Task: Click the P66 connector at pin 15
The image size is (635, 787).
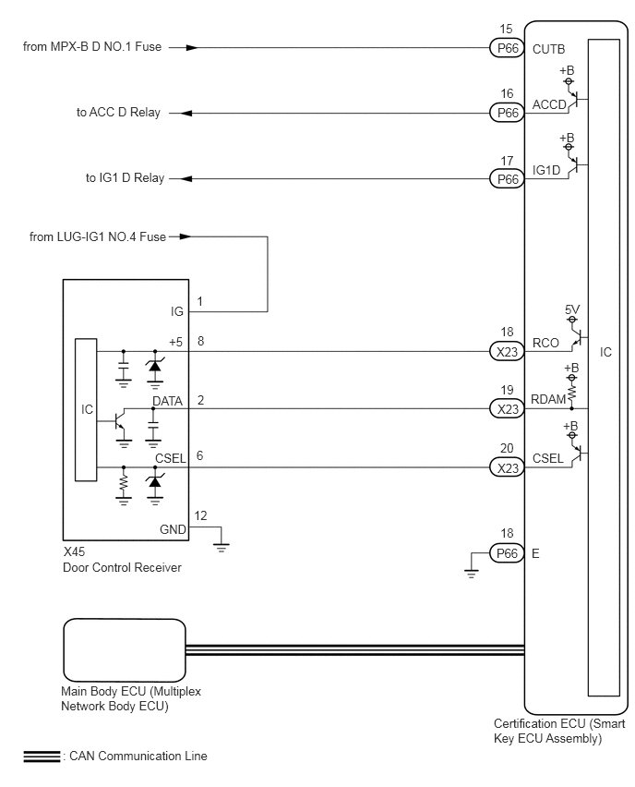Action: pos(507,48)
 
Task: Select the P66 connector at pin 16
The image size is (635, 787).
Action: pos(507,113)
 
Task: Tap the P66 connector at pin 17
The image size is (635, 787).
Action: pos(507,178)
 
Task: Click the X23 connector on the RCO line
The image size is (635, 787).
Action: pos(507,351)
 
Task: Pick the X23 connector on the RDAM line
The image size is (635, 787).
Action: pos(507,409)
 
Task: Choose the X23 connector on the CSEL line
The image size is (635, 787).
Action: pos(507,467)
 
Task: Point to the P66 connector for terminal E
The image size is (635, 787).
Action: pos(507,553)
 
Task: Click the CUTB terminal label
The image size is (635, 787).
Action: pos(549,49)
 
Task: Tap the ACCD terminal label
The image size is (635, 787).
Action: pos(549,104)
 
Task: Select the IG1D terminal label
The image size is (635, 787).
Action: pos(546,170)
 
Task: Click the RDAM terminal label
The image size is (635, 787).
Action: pos(548,399)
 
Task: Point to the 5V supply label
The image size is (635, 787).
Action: pos(572,309)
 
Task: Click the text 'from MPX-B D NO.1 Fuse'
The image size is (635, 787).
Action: pos(92,47)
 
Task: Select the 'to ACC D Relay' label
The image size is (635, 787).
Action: pos(118,113)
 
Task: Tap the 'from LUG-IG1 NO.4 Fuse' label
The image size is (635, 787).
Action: pos(98,236)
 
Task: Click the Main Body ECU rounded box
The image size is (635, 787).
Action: pos(125,650)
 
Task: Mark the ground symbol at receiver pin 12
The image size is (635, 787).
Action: pos(222,546)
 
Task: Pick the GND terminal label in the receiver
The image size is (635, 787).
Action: pos(173,529)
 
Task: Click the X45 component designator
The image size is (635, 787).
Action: pos(74,551)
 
